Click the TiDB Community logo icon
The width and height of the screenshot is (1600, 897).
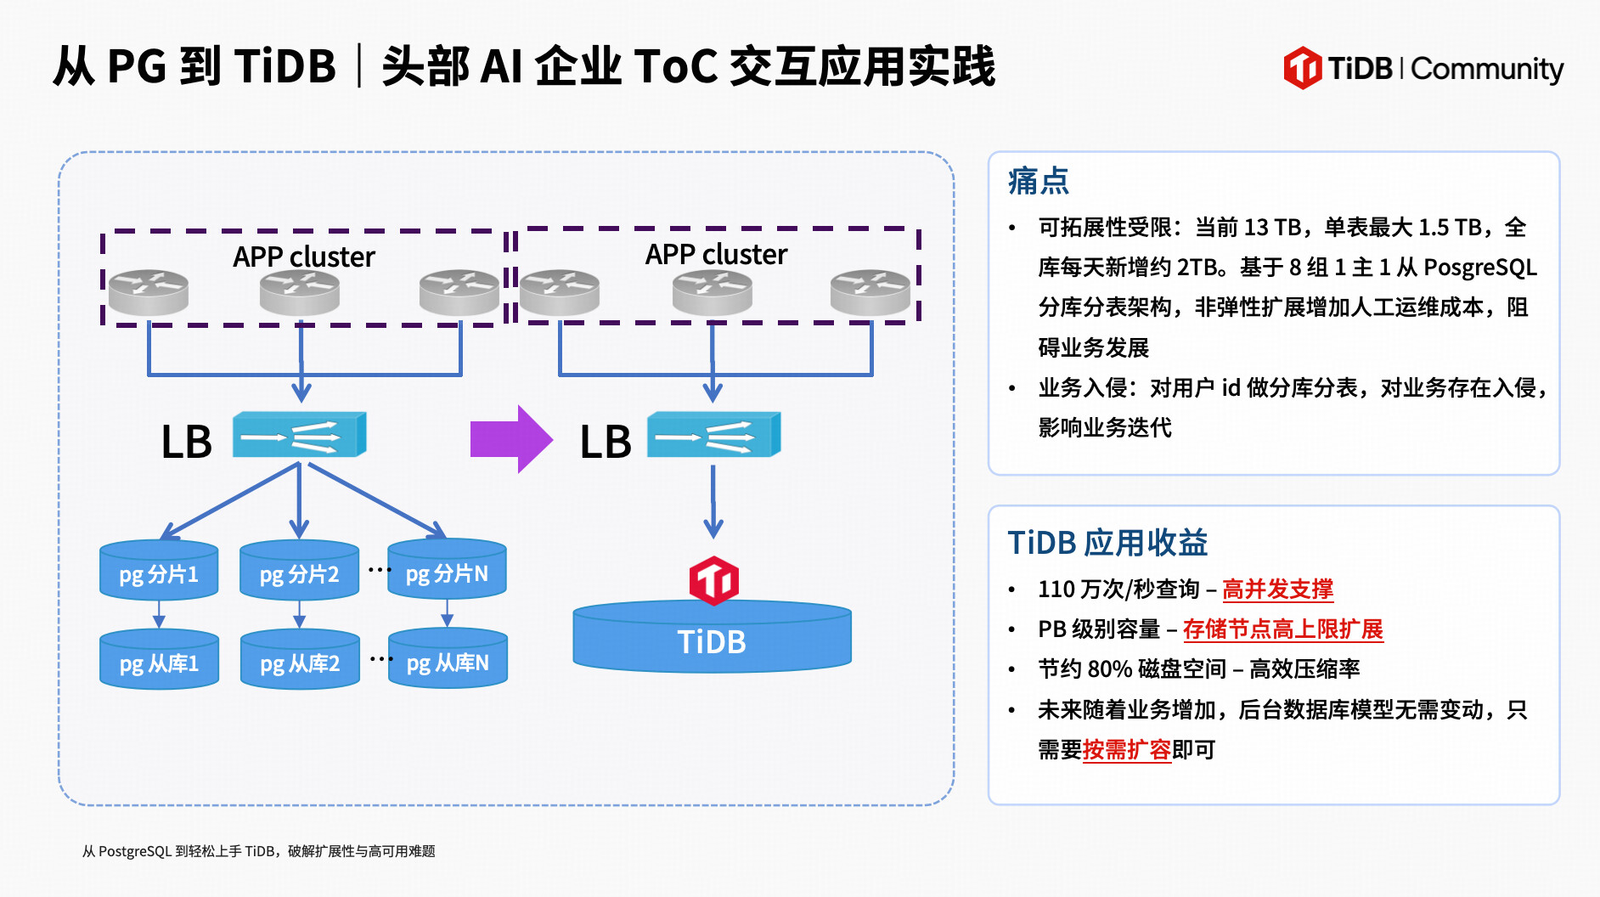[1302, 68]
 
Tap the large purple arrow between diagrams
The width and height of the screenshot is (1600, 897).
[511, 439]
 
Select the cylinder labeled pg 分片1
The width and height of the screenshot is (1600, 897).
[159, 571]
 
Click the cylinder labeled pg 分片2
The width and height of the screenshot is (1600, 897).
[299, 571]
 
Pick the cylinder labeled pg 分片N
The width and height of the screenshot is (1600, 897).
[447, 570]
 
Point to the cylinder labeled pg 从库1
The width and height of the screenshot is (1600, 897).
[159, 660]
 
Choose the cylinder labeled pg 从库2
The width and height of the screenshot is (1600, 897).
[299, 660]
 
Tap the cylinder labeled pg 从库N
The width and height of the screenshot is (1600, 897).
[448, 659]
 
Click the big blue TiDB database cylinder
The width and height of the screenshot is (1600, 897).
[712, 640]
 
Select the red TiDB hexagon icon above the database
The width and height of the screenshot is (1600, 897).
[713, 581]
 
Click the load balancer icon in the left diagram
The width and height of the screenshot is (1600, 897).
[299, 435]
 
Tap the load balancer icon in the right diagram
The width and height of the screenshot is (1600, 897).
[713, 435]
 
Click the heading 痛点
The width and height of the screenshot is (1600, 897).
[1038, 181]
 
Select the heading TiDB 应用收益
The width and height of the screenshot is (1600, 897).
[1107, 543]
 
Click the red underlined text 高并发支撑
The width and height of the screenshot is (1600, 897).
[1277, 589]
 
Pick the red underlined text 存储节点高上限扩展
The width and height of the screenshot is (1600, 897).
[1282, 629]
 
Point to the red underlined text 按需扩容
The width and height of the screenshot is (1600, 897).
[1126, 749]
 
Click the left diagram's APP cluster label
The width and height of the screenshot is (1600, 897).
[303, 257]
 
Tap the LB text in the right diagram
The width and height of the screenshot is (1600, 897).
[606, 443]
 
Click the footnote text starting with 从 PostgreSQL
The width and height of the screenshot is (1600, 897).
[258, 851]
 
